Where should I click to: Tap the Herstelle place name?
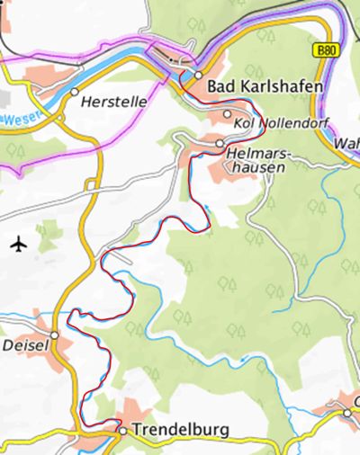pyautogui.click(x=113, y=103)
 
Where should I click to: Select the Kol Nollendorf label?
pyautogui.click(x=281, y=121)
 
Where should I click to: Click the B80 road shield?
pyautogui.click(x=328, y=52)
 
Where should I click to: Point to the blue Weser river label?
pyautogui.click(x=11, y=118)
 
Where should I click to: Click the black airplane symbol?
pyautogui.click(x=21, y=244)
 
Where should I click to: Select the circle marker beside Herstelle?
pyautogui.click(x=75, y=92)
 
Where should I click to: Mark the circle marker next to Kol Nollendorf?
pyautogui.click(x=227, y=114)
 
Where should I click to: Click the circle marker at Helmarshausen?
pyautogui.click(x=220, y=143)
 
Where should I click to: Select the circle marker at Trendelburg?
pyautogui.click(x=123, y=431)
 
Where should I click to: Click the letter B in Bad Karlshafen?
pyautogui.click(x=212, y=86)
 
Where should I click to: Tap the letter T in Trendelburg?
pyautogui.click(x=136, y=430)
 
